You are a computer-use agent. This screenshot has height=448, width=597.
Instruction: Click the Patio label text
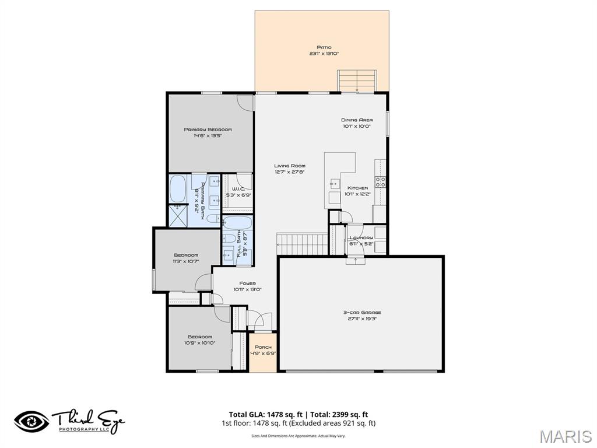click(x=324, y=47)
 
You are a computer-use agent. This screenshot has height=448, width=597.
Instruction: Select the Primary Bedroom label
click(x=208, y=129)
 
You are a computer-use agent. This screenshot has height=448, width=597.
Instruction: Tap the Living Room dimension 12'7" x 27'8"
click(x=290, y=172)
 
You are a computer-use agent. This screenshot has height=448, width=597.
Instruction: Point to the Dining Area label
click(x=356, y=120)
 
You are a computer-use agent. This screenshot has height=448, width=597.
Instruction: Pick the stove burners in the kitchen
click(x=380, y=181)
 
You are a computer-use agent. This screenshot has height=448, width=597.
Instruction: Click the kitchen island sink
click(x=335, y=184)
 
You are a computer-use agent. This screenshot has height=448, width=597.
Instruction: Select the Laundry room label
click(x=361, y=238)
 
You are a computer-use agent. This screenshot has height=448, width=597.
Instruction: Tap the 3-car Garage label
click(x=362, y=313)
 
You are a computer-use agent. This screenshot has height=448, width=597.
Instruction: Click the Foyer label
click(x=247, y=283)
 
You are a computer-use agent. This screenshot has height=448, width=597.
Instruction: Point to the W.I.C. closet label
click(x=238, y=189)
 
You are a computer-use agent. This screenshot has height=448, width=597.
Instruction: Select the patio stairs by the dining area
click(x=357, y=80)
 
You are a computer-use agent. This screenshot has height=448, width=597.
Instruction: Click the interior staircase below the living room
click(x=302, y=241)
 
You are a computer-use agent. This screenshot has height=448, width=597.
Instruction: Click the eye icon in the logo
click(x=32, y=421)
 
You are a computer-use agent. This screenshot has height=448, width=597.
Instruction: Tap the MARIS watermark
click(x=565, y=436)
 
